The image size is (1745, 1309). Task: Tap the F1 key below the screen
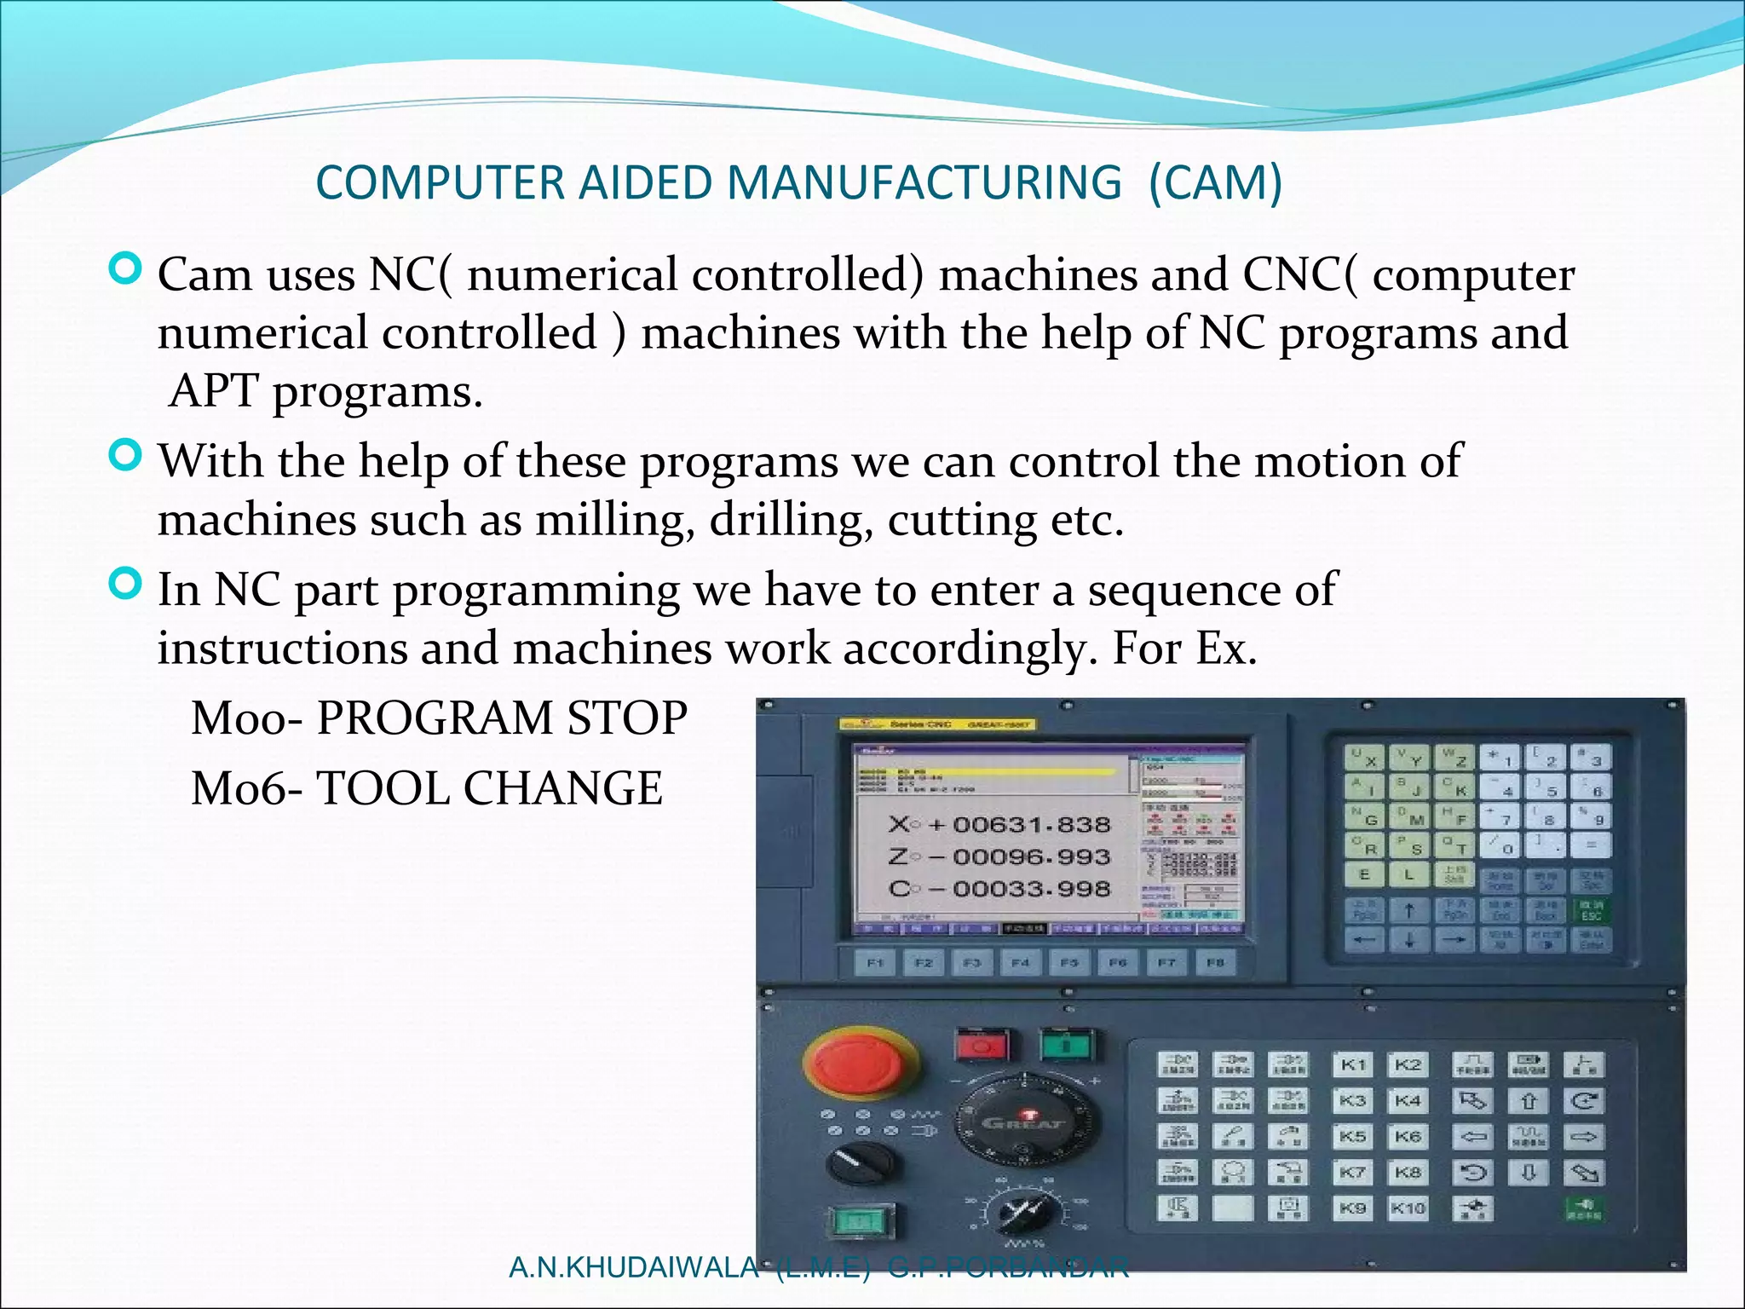875,963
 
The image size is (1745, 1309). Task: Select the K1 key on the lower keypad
1353,1064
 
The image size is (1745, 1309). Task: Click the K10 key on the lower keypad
1408,1208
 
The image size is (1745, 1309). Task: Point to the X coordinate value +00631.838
1031,825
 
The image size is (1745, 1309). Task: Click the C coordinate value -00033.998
1031,889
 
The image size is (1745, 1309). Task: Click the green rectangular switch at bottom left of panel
861,1221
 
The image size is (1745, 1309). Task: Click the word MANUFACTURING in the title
924,182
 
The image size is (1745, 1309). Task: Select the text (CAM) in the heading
1215,182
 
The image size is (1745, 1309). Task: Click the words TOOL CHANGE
489,788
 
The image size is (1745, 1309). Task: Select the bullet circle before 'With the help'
126,456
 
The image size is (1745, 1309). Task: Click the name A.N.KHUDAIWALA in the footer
632,1268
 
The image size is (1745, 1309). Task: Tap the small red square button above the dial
982,1044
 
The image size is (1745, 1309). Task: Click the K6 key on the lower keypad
1408,1136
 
